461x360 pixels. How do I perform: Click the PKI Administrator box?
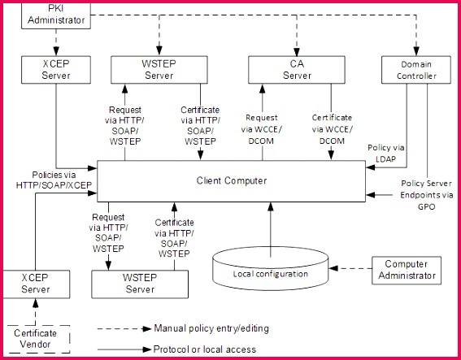56,15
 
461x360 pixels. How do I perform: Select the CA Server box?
297,70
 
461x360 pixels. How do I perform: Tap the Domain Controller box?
416,70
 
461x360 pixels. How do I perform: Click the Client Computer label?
232,180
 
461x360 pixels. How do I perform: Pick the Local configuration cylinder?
270,269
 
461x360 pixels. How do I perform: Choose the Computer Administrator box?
407,270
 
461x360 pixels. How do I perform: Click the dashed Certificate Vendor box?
38,339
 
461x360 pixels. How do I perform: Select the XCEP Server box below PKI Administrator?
56,70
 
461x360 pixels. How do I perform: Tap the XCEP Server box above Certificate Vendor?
36,284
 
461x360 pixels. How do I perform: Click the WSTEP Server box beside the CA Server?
159,70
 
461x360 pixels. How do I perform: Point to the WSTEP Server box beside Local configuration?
140,284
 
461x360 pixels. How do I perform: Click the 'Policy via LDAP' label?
385,153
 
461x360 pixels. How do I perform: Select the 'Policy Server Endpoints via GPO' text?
426,195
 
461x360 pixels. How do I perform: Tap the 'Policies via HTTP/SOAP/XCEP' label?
54,180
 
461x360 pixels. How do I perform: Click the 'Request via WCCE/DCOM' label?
261,129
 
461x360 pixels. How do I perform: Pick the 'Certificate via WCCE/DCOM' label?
332,129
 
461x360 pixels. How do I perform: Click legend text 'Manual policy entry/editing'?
211,328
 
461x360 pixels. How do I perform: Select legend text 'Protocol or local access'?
205,349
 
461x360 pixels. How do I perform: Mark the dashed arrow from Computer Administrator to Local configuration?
350,268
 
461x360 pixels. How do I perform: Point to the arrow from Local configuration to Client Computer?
271,230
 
